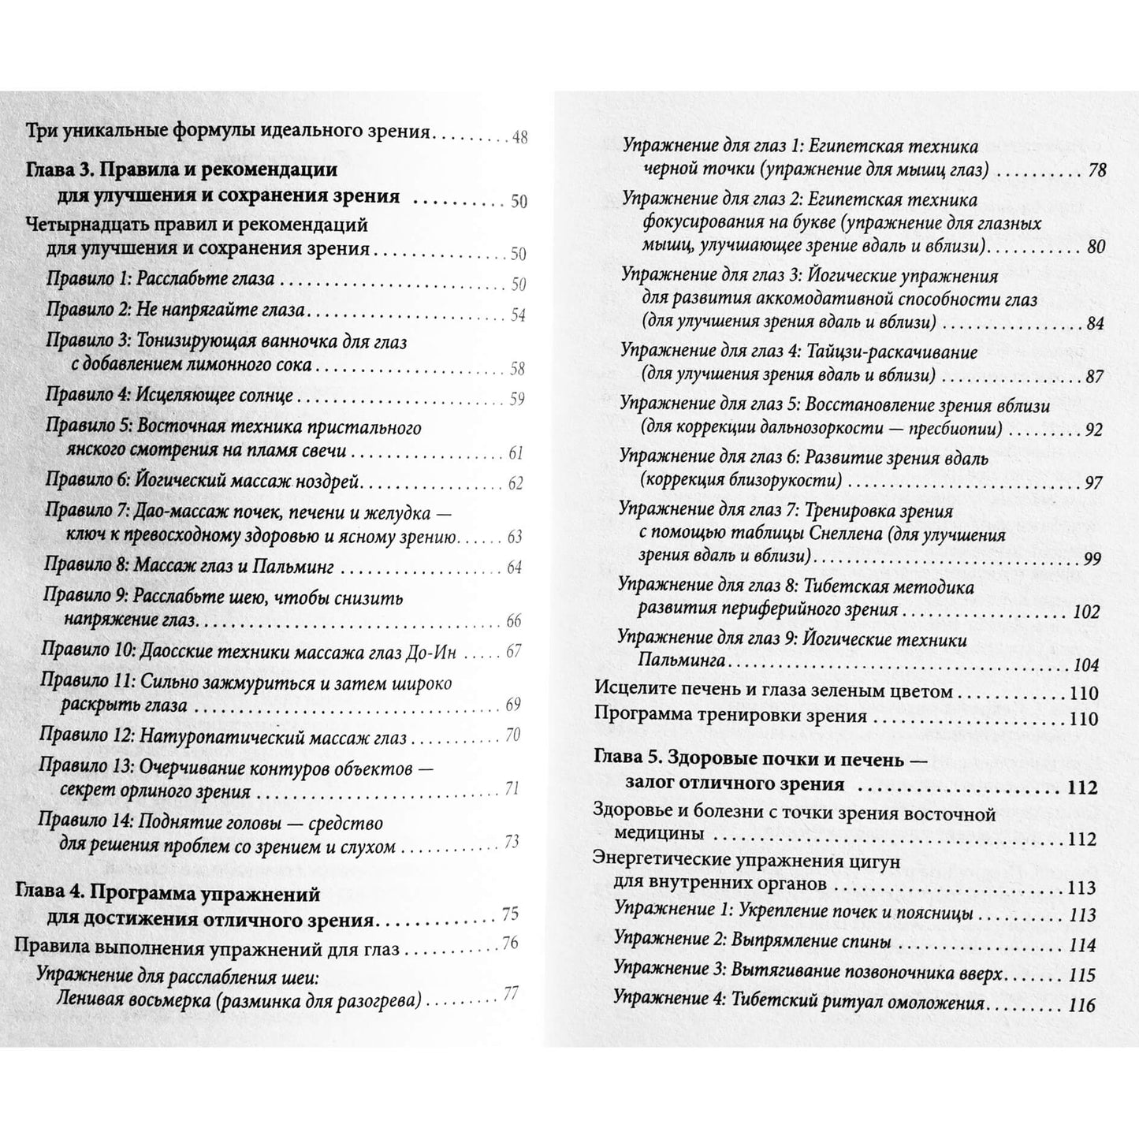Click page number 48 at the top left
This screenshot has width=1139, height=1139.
click(x=519, y=137)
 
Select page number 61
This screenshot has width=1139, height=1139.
click(x=516, y=453)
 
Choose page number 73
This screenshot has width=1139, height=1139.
click(x=512, y=843)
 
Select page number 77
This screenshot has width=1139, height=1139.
click(x=510, y=994)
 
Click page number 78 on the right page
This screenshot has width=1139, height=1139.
click(x=1096, y=170)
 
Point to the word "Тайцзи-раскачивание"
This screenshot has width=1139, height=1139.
click(x=893, y=352)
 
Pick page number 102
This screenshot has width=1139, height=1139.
click(x=1086, y=612)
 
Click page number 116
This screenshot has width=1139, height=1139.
click(x=1082, y=1005)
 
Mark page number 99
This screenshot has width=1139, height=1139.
click(x=1092, y=559)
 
